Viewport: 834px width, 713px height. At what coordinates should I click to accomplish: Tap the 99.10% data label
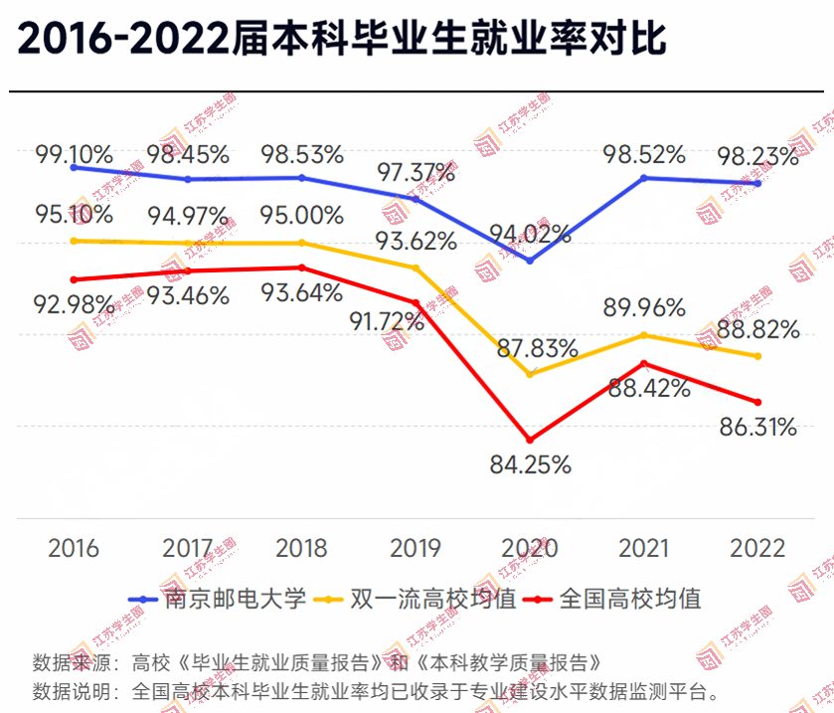click(74, 156)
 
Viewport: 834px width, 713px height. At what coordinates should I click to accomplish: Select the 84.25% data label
click(530, 464)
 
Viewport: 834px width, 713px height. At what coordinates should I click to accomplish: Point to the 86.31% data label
click(758, 428)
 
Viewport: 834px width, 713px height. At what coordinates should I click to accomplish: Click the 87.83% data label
click(538, 348)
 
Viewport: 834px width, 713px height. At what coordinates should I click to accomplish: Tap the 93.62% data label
click(417, 242)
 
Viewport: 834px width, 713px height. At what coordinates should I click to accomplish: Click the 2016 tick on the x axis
click(74, 548)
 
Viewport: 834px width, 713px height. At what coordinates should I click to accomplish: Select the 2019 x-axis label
click(417, 548)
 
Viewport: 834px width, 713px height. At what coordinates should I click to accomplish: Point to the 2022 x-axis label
click(757, 548)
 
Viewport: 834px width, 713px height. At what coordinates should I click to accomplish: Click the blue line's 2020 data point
click(530, 261)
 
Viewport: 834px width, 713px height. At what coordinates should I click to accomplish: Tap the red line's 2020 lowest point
click(530, 440)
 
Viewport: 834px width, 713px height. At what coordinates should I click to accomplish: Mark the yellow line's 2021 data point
click(644, 335)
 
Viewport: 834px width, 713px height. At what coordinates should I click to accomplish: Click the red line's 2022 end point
click(757, 402)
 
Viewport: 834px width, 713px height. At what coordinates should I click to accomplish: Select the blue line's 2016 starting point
click(74, 168)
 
